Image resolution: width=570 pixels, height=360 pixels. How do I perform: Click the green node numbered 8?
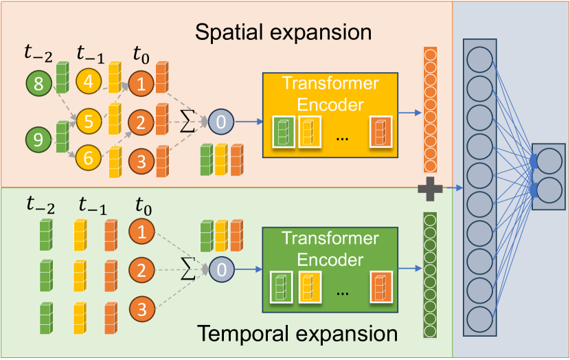pos(38,85)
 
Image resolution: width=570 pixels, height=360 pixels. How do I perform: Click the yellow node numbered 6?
pos(89,157)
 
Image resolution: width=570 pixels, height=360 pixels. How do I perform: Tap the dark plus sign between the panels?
pos(431,188)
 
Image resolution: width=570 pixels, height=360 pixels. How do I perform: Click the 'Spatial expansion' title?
pos(283,32)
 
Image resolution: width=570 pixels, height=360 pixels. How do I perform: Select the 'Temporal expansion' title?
pos(297,335)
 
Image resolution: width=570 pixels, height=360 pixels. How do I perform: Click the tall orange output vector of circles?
pos(431,110)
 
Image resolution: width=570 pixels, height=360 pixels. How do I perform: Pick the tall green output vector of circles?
pos(431,275)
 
